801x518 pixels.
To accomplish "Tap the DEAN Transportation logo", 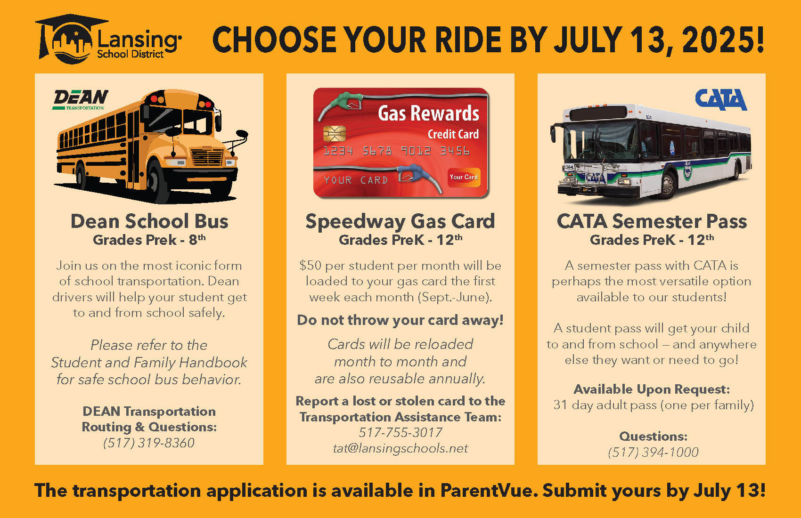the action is pyautogui.click(x=81, y=100).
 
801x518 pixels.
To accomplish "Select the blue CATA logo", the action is pyautogui.click(x=720, y=99).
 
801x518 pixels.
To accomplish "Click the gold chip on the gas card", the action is pyautogui.click(x=335, y=133).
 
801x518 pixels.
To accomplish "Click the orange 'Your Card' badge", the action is pyautogui.click(x=464, y=177).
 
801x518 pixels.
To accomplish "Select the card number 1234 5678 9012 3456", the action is pyautogui.click(x=396, y=151).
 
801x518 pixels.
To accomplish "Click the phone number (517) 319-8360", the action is pyautogui.click(x=149, y=443).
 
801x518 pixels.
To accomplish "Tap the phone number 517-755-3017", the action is pyautogui.click(x=400, y=433).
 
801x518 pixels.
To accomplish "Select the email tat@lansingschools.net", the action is pyautogui.click(x=400, y=448).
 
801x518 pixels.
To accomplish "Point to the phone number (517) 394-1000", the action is pyautogui.click(x=653, y=452).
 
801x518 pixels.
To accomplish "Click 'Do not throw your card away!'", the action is pyautogui.click(x=400, y=320).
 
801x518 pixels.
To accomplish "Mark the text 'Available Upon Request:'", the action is pyautogui.click(x=652, y=389).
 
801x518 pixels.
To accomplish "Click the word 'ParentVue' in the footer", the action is pyautogui.click(x=486, y=490).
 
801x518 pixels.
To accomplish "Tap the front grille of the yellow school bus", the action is pyautogui.click(x=207, y=157).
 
